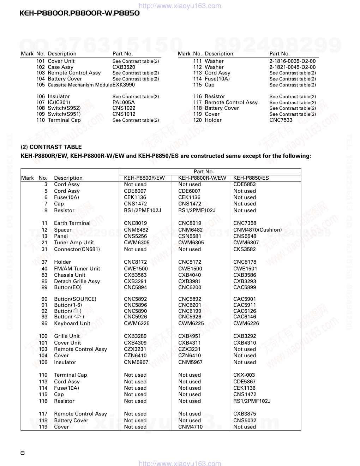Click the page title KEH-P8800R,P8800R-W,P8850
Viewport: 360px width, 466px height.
(79, 13)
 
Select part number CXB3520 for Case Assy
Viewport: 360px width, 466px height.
(124, 67)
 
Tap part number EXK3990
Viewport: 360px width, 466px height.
(124, 85)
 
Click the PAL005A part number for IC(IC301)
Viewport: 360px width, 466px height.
(124, 102)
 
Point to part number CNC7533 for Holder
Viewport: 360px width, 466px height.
(281, 120)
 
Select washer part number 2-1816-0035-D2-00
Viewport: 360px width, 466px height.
(292, 61)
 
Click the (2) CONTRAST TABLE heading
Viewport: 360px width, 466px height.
(51, 147)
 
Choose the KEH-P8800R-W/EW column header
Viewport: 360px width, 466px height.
(202, 178)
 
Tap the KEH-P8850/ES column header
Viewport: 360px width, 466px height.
(251, 178)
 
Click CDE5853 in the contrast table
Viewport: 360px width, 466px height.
(244, 184)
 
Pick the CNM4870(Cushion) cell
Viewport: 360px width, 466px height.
(257, 230)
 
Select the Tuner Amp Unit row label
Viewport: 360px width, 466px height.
(74, 243)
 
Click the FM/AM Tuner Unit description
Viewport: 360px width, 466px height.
(77, 269)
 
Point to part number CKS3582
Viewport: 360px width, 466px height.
(244, 249)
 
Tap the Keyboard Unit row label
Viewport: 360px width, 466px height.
(72, 323)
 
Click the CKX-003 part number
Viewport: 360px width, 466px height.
(244, 375)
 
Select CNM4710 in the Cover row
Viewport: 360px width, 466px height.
(190, 427)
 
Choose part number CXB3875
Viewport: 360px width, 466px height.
(244, 414)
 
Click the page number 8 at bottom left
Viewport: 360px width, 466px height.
(23, 453)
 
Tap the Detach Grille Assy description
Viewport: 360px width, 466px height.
(77, 281)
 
